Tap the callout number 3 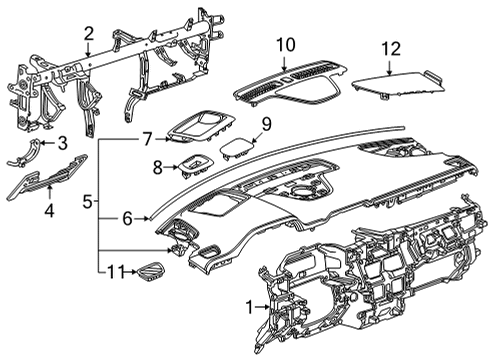coord(61,143)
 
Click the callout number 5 coord(87,203)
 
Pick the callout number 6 coord(126,217)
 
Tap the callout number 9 coord(266,125)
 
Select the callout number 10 coord(287,44)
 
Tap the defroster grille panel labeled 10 coord(290,82)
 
